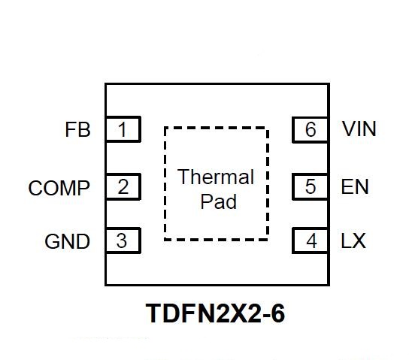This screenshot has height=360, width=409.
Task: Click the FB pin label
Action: tap(77, 129)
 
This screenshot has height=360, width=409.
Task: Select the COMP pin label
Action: tap(59, 188)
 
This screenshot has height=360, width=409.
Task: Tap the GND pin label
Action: tap(68, 241)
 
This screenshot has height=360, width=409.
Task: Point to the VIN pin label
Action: tap(359, 129)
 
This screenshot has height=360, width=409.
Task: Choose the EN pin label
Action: tap(355, 186)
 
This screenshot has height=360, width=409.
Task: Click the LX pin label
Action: tap(353, 241)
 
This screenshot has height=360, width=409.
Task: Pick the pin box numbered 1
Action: tap(123, 129)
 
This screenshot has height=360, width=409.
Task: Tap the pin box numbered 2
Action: tap(123, 186)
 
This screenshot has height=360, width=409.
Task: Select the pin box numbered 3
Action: tap(123, 241)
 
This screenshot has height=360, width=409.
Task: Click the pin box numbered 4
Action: tap(311, 241)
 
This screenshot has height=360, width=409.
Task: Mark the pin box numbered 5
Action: tap(311, 186)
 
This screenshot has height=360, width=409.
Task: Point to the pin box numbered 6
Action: tap(311, 129)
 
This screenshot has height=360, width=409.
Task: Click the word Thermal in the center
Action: tap(216, 177)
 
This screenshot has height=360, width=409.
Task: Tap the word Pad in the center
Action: tap(219, 201)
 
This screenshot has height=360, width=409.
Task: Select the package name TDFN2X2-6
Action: tap(215, 313)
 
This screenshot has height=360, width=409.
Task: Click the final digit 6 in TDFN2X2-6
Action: tap(277, 313)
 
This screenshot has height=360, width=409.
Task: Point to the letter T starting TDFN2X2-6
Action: tap(154, 313)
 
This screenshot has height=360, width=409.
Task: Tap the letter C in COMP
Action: tap(35, 188)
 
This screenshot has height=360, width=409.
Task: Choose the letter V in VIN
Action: tap(350, 129)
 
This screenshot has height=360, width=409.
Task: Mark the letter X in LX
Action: tap(359, 241)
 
